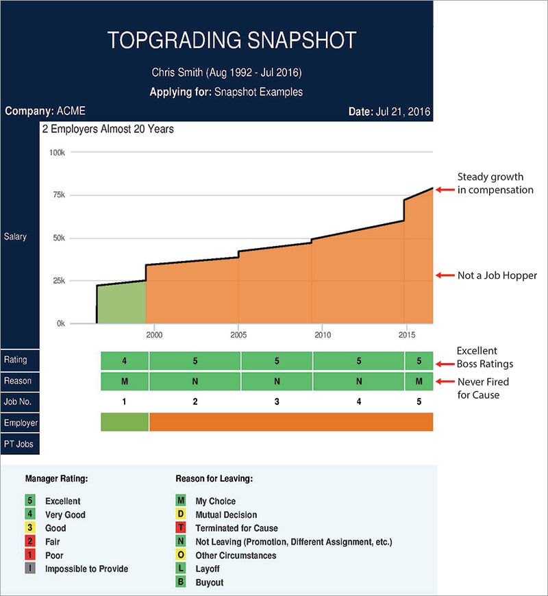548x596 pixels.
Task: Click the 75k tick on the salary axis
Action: [58, 195]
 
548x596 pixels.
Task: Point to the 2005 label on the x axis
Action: [238, 335]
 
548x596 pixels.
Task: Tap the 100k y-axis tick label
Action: [56, 152]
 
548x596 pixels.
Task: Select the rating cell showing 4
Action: [125, 360]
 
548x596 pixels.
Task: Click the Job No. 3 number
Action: [277, 401]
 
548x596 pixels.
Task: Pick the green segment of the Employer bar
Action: [125, 422]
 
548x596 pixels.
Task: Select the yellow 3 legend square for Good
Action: [30, 528]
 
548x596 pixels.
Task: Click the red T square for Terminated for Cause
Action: [181, 528]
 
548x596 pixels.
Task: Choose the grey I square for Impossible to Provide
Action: [30, 569]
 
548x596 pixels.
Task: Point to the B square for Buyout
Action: [181, 582]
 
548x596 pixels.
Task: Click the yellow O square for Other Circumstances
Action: [181, 556]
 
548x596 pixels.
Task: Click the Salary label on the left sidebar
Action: [15, 236]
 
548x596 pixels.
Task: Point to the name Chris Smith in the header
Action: [179, 73]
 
